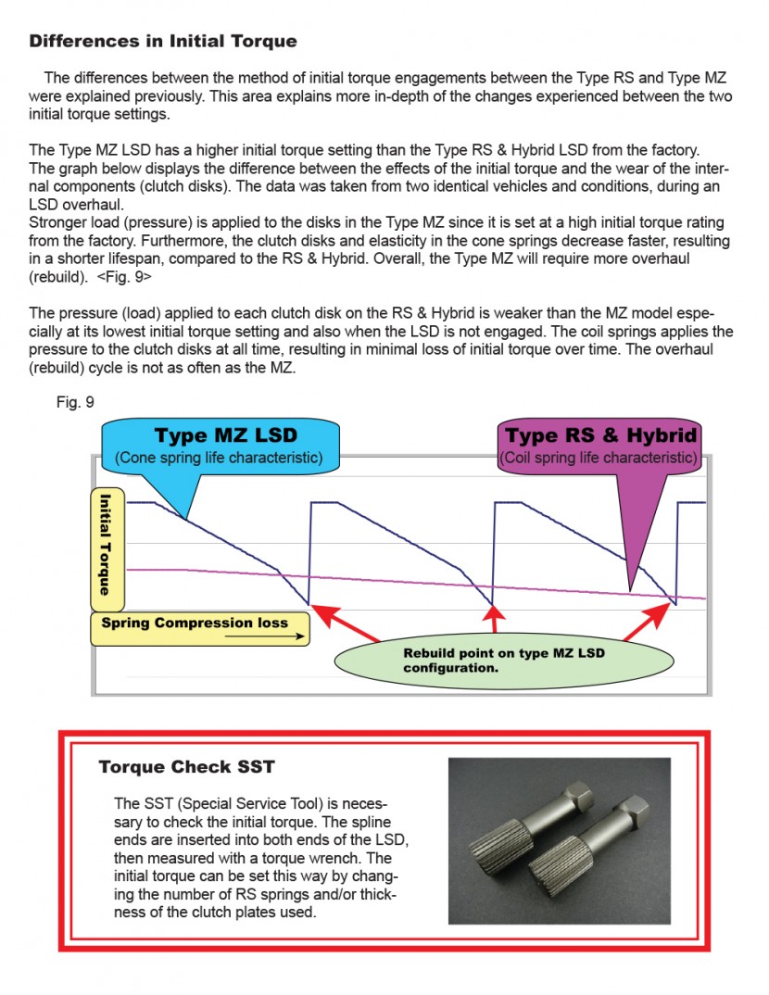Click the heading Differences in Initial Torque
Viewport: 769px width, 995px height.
(163, 42)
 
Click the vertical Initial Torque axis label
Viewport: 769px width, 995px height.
(107, 543)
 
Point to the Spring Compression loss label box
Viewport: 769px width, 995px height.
(199, 628)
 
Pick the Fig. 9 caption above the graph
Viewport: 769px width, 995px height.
(75, 403)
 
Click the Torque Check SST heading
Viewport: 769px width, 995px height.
(186, 767)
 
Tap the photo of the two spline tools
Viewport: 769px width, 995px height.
(559, 841)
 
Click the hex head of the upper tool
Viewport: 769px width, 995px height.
(579, 798)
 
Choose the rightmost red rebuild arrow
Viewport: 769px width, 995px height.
(645, 622)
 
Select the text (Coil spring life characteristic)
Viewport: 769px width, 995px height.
(599, 458)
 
